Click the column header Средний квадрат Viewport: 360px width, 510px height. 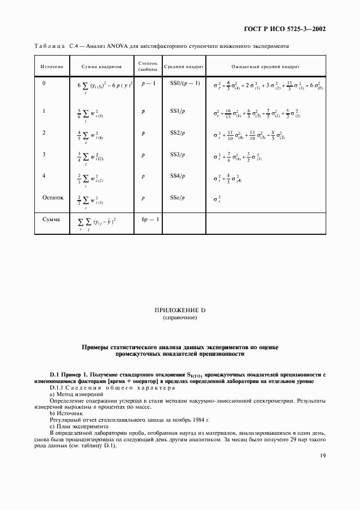point(184,66)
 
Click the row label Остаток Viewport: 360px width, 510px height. point(53,198)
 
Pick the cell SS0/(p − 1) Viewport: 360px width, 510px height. point(185,83)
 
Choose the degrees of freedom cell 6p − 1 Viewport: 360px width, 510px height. point(149,219)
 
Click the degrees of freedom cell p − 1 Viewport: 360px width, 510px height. point(148,83)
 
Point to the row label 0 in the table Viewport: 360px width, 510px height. point(44,83)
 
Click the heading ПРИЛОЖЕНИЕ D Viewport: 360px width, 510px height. point(180,310)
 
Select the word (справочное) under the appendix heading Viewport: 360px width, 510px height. point(180,317)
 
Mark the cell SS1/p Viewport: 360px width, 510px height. point(178,111)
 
